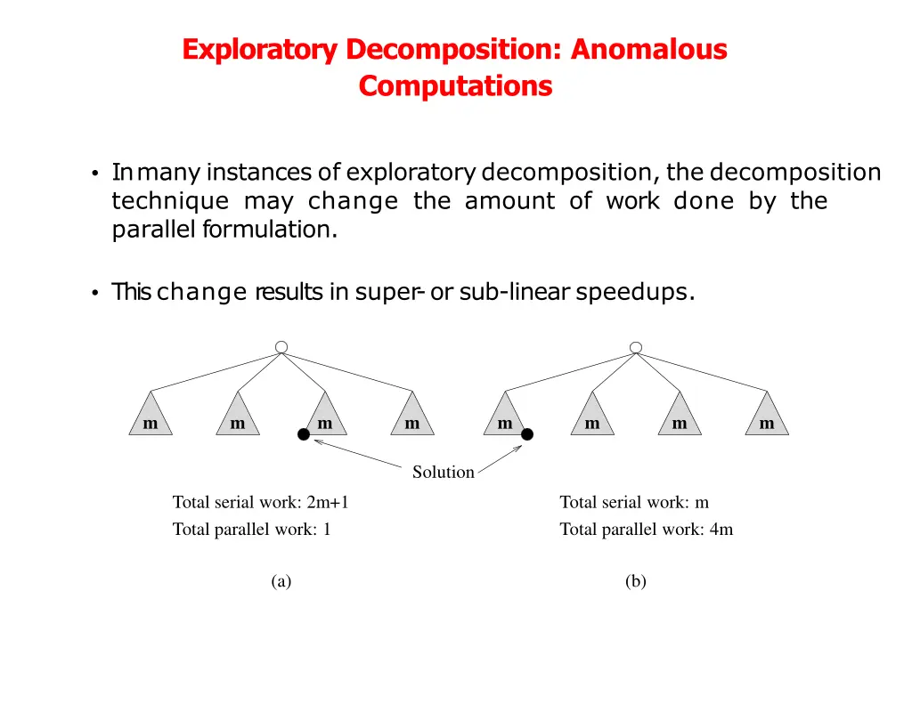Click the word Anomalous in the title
648,50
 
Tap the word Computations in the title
455,86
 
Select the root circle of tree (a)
281,346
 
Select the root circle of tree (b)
635,346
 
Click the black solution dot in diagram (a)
303,434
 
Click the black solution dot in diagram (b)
527,434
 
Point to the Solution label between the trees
443,473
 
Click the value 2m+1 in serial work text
328,503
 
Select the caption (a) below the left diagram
281,581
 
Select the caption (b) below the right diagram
635,581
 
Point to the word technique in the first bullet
170,201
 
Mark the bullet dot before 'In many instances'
94,174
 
